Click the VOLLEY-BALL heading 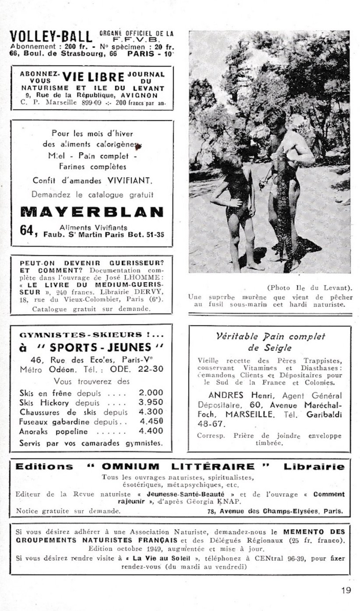point(51,37)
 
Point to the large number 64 point(28,230)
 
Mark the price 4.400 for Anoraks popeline point(150,431)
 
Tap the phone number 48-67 point(212,424)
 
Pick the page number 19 point(346,590)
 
